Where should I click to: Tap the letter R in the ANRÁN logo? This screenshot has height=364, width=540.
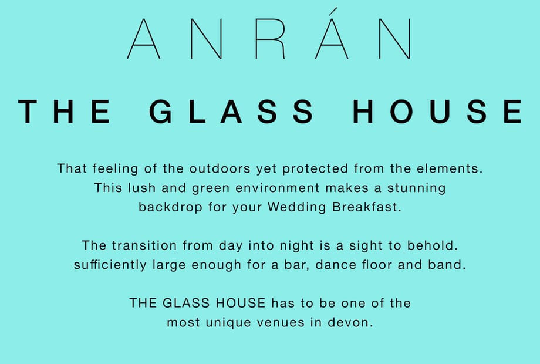271,39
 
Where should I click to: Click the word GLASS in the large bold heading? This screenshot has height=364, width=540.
231,111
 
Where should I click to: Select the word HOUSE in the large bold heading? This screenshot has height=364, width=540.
437,111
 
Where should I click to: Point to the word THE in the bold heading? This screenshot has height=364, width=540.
64,111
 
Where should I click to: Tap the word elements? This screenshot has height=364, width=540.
450,168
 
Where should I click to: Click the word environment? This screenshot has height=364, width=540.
278,188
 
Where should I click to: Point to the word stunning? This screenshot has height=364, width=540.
416,188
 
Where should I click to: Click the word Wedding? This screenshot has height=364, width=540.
296,208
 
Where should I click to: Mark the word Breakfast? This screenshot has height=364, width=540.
367,207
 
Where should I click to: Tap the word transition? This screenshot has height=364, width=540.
144,246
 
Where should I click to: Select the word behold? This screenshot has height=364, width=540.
433,245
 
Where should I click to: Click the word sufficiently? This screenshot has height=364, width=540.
110,265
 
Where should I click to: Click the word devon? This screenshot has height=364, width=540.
350,322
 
